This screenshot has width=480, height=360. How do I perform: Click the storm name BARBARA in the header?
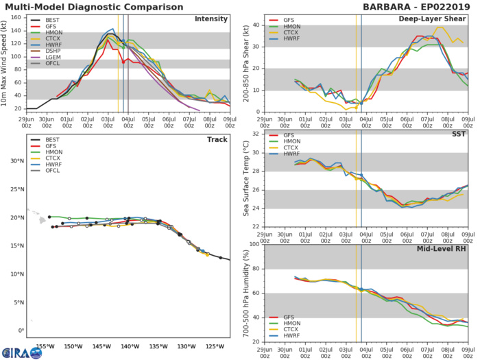(389, 6)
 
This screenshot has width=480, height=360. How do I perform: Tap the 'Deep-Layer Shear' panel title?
(437, 19)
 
